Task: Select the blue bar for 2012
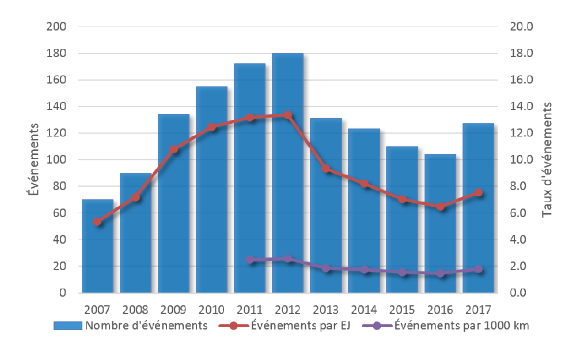click(287, 173)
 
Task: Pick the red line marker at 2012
click(288, 115)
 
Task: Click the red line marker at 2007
click(97, 222)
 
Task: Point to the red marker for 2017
click(478, 193)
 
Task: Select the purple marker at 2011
click(250, 260)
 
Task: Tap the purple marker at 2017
click(478, 269)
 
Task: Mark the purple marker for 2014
click(364, 270)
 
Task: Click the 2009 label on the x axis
click(173, 309)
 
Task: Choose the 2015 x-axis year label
click(401, 309)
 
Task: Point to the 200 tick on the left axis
click(59, 27)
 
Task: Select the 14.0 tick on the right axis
click(521, 107)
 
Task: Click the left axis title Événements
click(34, 160)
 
